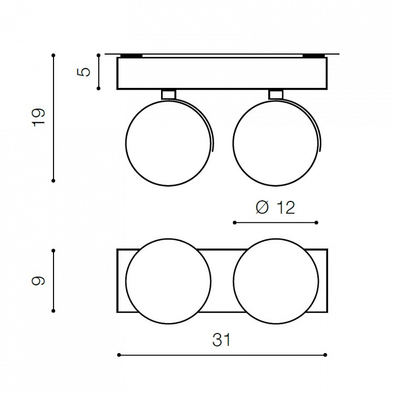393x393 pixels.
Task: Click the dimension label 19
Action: (38, 117)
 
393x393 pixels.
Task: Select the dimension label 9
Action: (38, 281)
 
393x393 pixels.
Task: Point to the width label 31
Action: (222, 340)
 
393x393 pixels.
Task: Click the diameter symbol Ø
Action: (262, 207)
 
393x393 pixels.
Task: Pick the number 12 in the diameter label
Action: (285, 207)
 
